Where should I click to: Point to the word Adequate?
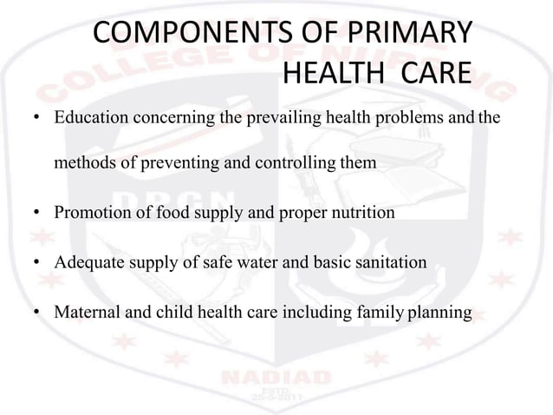tap(88, 259)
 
